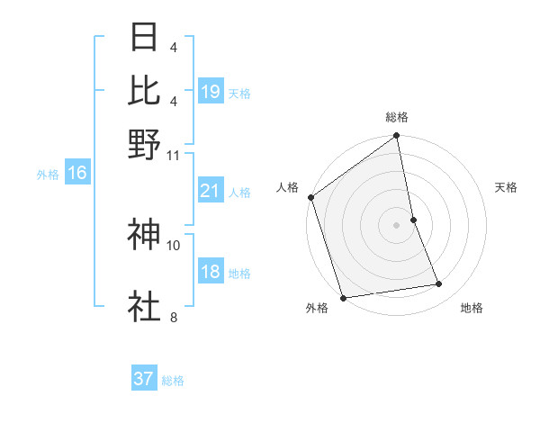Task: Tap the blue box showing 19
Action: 211,91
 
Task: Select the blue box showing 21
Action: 211,191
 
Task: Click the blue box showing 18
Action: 211,272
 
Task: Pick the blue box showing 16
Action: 76,173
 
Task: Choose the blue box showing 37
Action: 144,379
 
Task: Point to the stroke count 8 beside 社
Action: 173,316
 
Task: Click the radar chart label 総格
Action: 397,117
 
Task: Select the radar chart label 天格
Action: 506,187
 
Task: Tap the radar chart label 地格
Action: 472,309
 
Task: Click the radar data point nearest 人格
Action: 310,197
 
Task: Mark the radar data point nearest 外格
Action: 343,298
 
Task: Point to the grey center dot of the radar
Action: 397,224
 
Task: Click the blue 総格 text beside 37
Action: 173,380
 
